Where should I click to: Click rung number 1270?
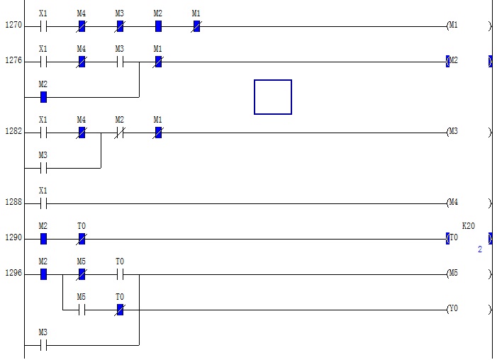pos(13,26)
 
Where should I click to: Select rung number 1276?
pos(13,61)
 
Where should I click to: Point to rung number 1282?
pos(13,132)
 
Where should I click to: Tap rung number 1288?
pos(13,203)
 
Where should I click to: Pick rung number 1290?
pos(13,238)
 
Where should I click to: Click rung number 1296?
pos(13,274)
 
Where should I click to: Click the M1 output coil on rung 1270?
pos(453,26)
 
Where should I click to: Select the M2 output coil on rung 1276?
pos(453,61)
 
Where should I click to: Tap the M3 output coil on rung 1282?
pos(453,132)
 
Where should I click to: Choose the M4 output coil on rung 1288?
pos(453,203)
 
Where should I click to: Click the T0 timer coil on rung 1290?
pos(453,238)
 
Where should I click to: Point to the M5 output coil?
pos(453,274)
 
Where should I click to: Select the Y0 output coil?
pos(453,309)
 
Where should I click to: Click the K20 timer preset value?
pos(469,226)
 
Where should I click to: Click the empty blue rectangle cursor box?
pos(273,97)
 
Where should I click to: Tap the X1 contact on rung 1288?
pos(43,203)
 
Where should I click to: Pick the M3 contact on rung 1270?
pos(120,26)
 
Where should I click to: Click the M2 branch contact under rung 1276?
pos(43,97)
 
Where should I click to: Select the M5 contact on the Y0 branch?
pos(82,310)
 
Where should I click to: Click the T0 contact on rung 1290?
pos(82,239)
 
